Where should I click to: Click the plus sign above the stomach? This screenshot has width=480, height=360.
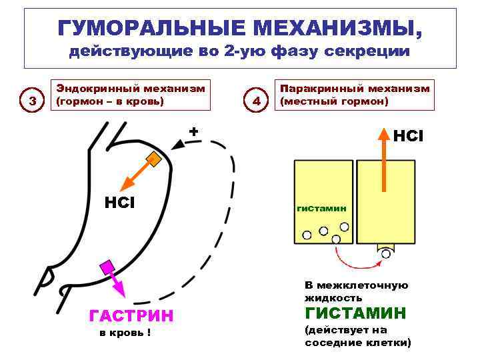pos(193,131)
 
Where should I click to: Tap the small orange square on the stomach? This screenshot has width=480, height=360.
pos(154,159)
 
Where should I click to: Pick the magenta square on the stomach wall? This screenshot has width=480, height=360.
pos(106,267)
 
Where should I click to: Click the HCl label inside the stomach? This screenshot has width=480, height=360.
pos(121,201)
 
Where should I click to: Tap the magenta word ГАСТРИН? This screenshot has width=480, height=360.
pos(131,315)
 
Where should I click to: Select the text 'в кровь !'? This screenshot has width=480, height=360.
pos(125,333)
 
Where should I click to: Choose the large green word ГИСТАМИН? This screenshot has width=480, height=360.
pos(355,313)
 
